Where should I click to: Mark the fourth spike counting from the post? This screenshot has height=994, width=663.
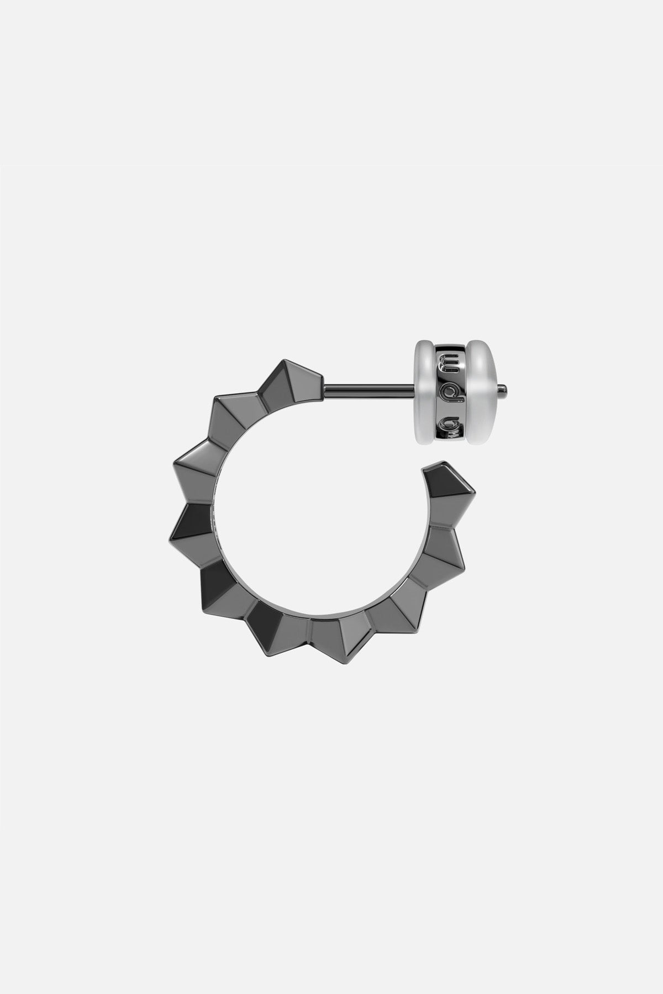tap(191, 525)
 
